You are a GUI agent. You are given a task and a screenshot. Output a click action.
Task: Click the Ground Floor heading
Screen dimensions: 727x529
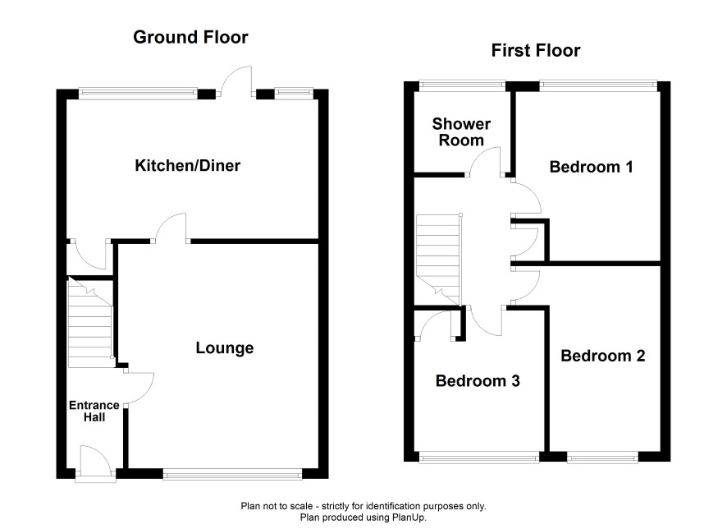pos(190,37)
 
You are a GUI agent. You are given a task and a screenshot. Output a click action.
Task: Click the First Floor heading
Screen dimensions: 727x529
pos(536,50)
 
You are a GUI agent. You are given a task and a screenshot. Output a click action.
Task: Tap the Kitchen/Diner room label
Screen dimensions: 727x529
pos(187,165)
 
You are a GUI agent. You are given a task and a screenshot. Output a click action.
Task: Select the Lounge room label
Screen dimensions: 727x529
pos(224,347)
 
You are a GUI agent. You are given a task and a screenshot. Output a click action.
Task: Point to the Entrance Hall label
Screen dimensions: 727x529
pos(94,412)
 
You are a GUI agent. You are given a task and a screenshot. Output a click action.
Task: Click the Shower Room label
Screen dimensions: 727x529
pos(461,131)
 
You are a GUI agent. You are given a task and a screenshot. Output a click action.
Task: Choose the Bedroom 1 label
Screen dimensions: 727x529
pos(591,167)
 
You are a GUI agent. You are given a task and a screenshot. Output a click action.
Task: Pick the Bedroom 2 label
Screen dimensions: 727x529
pos(603,356)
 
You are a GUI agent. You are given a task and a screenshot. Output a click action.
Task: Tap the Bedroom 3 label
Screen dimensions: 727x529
pos(478,380)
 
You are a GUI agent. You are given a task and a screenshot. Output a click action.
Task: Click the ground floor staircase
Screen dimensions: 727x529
pos(90,323)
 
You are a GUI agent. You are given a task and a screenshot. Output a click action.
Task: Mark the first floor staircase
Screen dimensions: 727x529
pos(439,259)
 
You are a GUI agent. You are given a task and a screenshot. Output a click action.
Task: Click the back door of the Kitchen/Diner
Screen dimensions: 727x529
pos(236,81)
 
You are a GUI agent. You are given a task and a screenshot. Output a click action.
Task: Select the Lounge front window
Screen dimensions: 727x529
pos(232,473)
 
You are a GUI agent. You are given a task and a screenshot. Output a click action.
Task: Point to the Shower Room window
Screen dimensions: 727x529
pos(462,85)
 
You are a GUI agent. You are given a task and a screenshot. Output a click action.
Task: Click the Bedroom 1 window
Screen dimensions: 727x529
pos(598,85)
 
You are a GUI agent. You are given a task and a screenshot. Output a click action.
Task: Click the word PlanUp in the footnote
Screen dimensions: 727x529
pos(409,517)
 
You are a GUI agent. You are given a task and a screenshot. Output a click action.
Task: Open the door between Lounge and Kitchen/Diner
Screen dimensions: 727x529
pos(171,228)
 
